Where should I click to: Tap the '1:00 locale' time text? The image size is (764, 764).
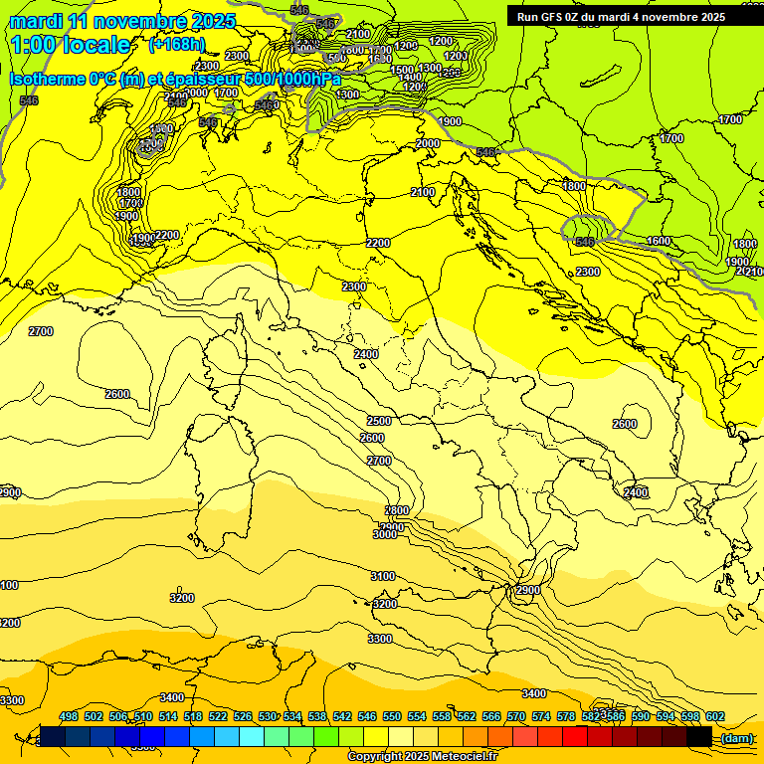[73, 45]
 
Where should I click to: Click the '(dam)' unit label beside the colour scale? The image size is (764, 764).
[736, 737]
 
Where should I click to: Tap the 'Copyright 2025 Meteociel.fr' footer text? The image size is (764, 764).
[423, 756]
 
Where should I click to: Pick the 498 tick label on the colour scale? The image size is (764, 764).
[69, 716]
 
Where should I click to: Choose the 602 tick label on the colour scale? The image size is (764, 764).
[714, 716]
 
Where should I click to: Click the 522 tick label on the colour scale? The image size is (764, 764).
[218, 716]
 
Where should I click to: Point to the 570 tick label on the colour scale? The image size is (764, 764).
[516, 716]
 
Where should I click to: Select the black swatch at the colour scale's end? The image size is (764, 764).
[699, 736]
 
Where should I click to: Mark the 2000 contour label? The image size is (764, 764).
[428, 144]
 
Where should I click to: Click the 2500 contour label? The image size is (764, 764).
[379, 421]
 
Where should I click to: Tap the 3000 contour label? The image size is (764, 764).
[385, 534]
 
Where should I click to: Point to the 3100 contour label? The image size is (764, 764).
[383, 577]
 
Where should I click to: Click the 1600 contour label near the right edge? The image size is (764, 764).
[659, 242]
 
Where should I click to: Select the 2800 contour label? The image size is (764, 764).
[396, 510]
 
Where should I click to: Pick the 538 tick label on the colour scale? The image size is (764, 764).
[317, 716]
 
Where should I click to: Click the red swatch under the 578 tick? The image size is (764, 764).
[575, 736]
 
